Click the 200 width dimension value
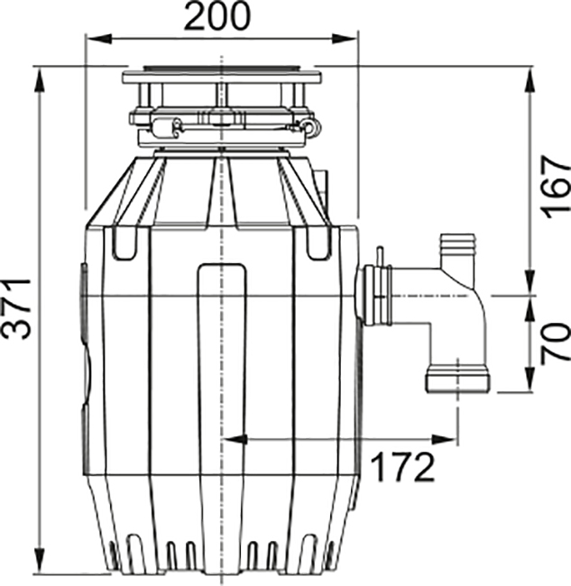coord(216,16)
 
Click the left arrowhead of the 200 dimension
coord(98,39)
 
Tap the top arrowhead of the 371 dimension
coord(40,79)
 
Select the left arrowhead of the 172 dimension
coord(235,440)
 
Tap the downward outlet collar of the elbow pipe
coord(458,379)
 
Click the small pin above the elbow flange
coord(380,257)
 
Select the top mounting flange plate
coord(222,78)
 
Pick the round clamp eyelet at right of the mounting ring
coord(311,126)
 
